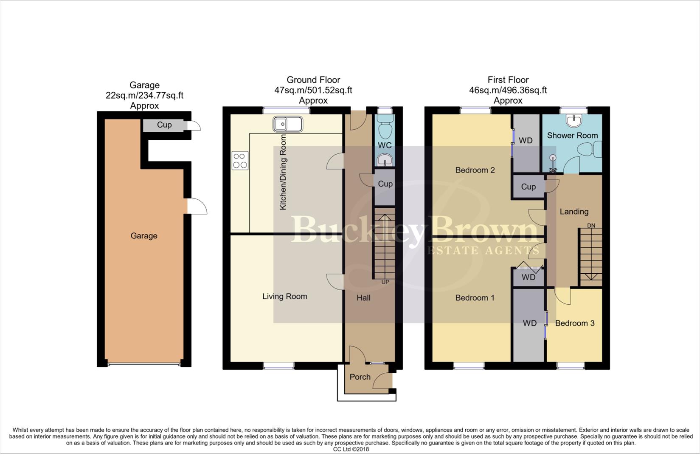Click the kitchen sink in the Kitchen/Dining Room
click(288, 124)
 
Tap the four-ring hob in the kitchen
click(240, 161)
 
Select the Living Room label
click(284, 297)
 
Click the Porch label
click(360, 377)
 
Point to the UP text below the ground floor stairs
click(385, 282)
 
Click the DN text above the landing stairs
click(591, 225)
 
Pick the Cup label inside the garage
click(164, 125)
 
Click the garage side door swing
click(197, 207)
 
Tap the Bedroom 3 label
click(574, 323)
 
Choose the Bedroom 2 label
click(475, 170)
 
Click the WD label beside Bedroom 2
click(526, 141)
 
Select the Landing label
click(574, 212)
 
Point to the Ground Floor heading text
click(313, 80)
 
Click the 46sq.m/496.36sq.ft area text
click(508, 91)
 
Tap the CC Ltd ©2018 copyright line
click(351, 449)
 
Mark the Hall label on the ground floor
click(363, 298)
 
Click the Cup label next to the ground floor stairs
click(385, 184)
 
